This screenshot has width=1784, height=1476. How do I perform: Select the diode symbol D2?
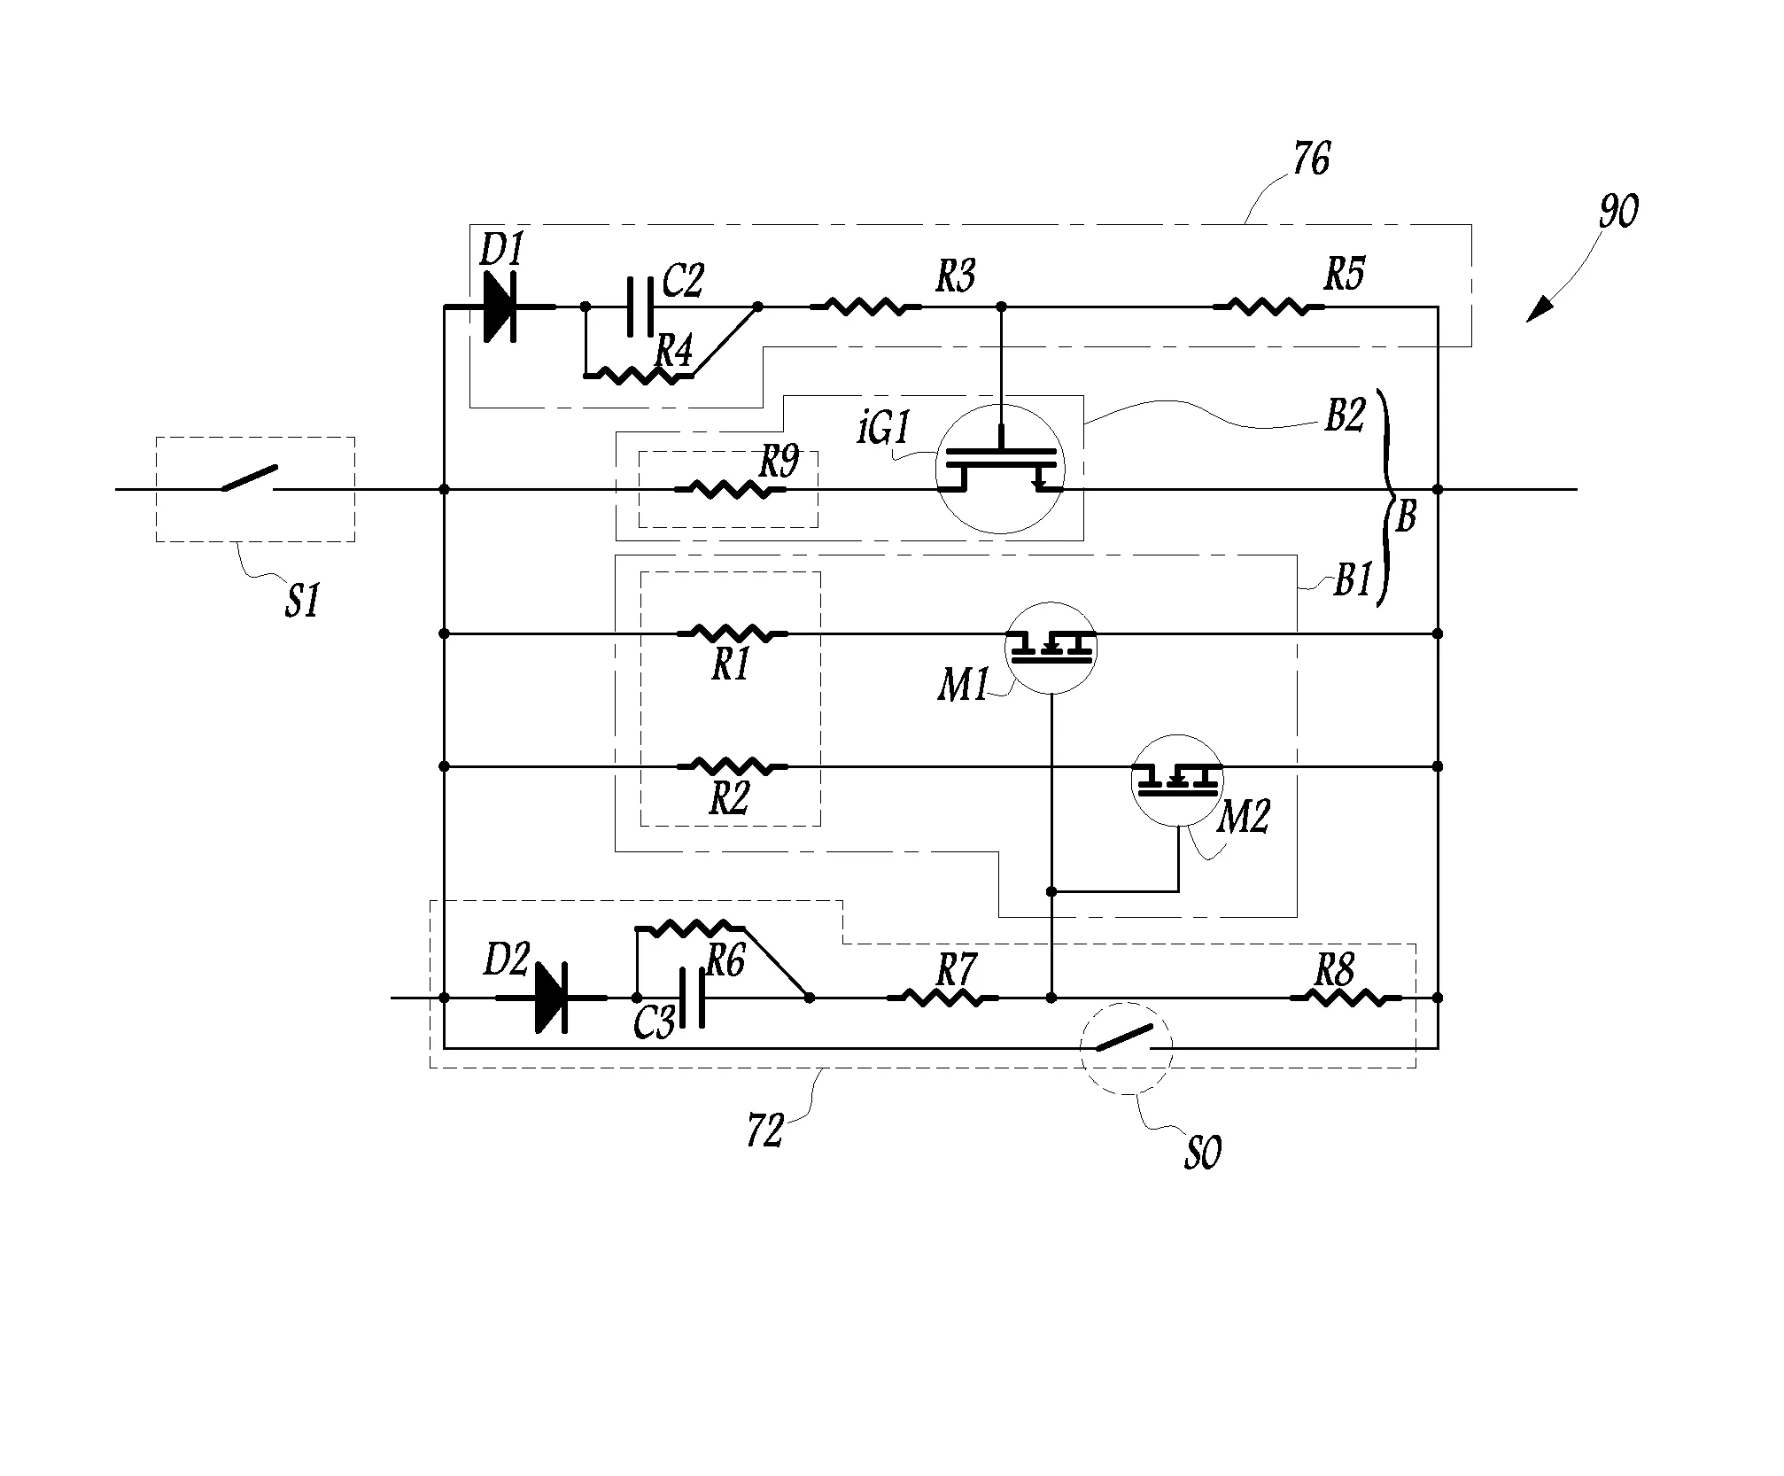click(551, 998)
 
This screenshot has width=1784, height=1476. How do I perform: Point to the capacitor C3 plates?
click(692, 998)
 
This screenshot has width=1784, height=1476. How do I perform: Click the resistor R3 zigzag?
click(865, 307)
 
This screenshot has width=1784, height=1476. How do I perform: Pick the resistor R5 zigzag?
click(1268, 307)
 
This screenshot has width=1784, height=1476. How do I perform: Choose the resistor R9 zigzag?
click(730, 489)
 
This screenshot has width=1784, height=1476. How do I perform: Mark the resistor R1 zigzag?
click(733, 634)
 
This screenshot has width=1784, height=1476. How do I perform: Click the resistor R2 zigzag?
click(733, 766)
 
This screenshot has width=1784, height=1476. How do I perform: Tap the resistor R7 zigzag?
click(942, 998)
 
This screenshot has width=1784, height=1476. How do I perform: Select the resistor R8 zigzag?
click(1346, 998)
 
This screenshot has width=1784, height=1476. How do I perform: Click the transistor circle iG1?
click(1001, 470)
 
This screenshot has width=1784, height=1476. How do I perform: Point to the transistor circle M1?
click(1051, 649)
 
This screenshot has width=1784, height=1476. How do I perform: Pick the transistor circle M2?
click(1178, 781)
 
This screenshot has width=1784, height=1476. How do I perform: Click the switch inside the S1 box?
click(249, 478)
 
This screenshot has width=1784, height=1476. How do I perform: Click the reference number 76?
click(1311, 160)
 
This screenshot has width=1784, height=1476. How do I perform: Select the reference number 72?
click(765, 1132)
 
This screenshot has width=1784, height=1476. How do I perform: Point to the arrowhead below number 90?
click(1540, 310)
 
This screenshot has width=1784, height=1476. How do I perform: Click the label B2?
click(1345, 415)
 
